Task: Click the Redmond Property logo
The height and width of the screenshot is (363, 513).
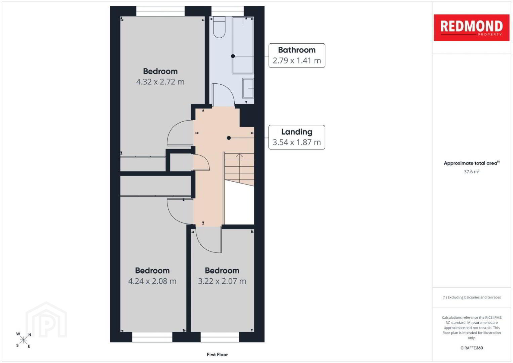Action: (472, 28)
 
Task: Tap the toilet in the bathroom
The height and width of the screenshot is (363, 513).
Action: (219, 27)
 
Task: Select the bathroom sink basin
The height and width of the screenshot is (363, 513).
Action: (248, 88)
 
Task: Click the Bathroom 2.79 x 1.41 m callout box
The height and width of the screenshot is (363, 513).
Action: (297, 55)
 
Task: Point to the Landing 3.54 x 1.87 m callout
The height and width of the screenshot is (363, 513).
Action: (297, 137)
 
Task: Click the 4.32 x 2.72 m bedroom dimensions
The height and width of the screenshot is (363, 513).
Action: (160, 82)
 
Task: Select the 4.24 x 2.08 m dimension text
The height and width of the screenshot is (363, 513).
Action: (152, 281)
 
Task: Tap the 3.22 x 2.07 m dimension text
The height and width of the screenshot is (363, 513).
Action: (222, 281)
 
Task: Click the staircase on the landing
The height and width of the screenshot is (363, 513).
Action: (239, 169)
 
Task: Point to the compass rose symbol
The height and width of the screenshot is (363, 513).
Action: (23, 340)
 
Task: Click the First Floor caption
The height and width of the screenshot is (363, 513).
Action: (217, 355)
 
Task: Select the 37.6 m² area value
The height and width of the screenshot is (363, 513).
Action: (472, 171)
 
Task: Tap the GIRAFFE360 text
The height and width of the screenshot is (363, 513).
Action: (472, 348)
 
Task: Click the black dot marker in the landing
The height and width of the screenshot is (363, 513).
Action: (229, 138)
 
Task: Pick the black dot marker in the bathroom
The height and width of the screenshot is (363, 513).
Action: (233, 56)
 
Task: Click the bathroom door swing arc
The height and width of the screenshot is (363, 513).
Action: (229, 90)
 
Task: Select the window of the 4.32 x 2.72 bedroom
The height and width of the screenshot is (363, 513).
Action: (160, 11)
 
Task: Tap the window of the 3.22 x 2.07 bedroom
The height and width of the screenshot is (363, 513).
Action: (220, 337)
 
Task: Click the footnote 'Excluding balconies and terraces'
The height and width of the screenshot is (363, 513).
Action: (472, 297)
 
